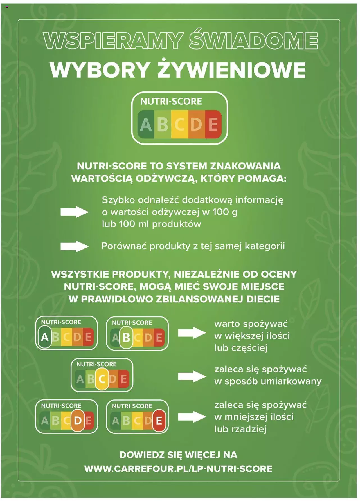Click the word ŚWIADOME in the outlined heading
click(x=253, y=40)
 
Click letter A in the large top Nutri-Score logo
click(x=146, y=124)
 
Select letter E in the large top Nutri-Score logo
click(x=213, y=124)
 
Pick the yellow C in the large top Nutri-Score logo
click(x=179, y=124)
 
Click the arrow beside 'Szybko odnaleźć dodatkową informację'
click(x=75, y=212)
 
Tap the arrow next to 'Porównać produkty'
click(x=75, y=247)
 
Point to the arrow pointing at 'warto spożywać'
click(x=192, y=333)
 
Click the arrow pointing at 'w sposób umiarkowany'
click(x=192, y=376)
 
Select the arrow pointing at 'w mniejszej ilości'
click(x=192, y=417)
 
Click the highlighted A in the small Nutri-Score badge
click(x=45, y=337)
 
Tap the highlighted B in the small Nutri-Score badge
click(x=126, y=337)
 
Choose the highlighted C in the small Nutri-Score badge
click(x=102, y=379)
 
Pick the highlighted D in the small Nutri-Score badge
click(x=78, y=421)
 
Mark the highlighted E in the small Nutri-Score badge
click(x=159, y=421)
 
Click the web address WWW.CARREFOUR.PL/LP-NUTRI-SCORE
click(x=178, y=469)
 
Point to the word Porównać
click(x=124, y=246)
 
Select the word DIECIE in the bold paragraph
click(x=263, y=299)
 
